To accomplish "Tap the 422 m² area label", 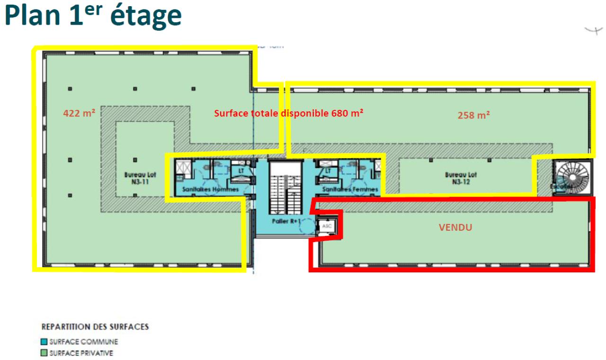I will pos(79,113).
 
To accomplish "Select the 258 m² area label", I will pos(473,115).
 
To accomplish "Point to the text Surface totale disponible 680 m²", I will pos(289,113).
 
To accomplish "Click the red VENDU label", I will pos(455,227).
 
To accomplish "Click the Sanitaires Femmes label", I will pos(350,189).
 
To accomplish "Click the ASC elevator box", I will pos(327,226).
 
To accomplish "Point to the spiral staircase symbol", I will pos(571,177).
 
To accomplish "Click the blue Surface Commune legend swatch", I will pos(45,342).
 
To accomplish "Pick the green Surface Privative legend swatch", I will pos(45,353).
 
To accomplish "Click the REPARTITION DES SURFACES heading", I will pos(95,327).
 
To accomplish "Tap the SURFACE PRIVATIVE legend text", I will pos(81,353).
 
